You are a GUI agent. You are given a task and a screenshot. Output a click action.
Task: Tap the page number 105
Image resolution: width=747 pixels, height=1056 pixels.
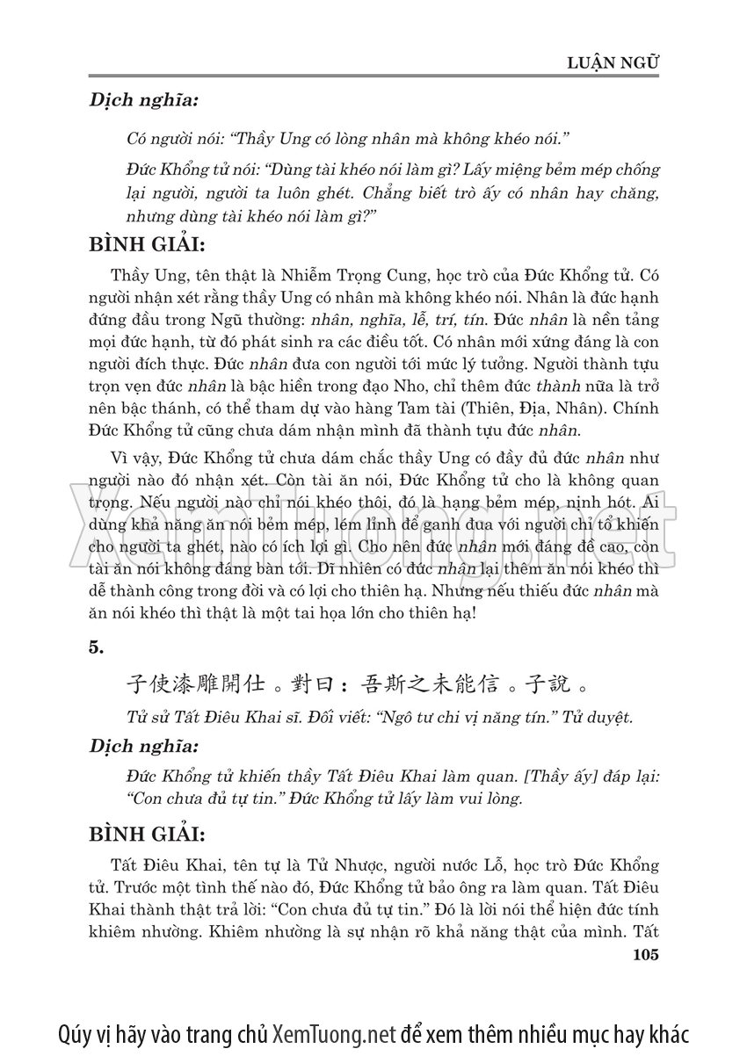645,956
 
